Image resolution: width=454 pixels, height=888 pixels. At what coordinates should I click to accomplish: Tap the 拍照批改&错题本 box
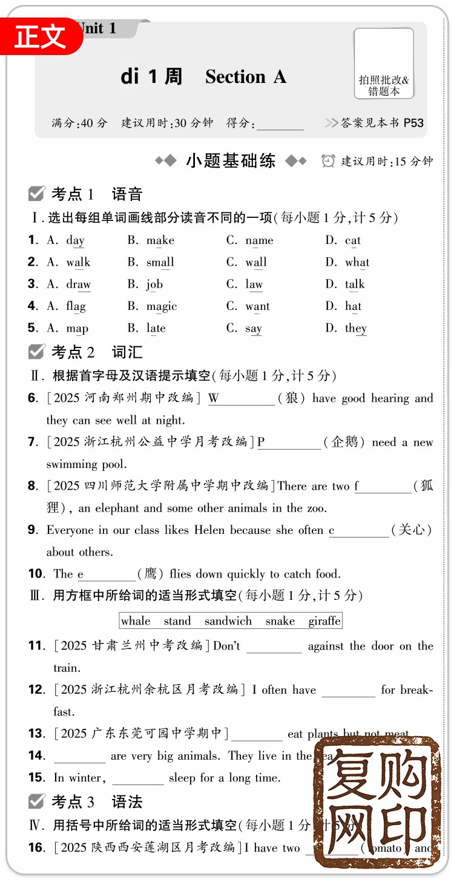[384, 64]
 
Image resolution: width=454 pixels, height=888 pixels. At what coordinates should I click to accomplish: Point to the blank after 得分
[280, 124]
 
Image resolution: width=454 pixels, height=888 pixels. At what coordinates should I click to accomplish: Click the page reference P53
[413, 123]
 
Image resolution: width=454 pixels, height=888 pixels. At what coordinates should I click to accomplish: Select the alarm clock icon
[328, 161]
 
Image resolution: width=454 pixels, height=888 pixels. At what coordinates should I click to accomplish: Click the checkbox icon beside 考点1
[37, 194]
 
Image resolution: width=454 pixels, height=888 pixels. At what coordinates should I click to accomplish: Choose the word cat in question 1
[353, 240]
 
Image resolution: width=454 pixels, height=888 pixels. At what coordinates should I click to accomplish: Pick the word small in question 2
[160, 262]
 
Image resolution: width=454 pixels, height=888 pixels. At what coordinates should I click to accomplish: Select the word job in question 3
[154, 284]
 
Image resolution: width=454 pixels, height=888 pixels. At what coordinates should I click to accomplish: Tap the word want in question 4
[257, 306]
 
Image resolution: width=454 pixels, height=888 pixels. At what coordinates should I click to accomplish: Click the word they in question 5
[356, 328]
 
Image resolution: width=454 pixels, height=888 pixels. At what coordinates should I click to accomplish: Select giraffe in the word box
[324, 621]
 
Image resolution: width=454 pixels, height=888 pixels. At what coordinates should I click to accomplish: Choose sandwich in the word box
[228, 621]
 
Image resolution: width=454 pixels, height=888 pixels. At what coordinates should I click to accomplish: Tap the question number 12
[36, 689]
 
